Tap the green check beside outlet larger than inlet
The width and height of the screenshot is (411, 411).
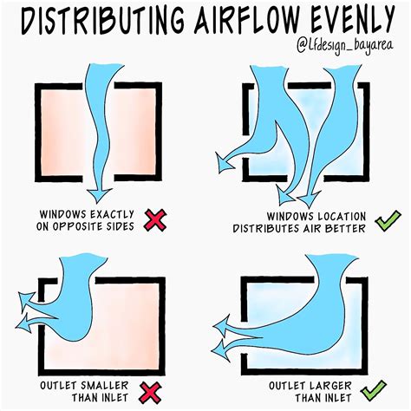[x=387, y=388]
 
